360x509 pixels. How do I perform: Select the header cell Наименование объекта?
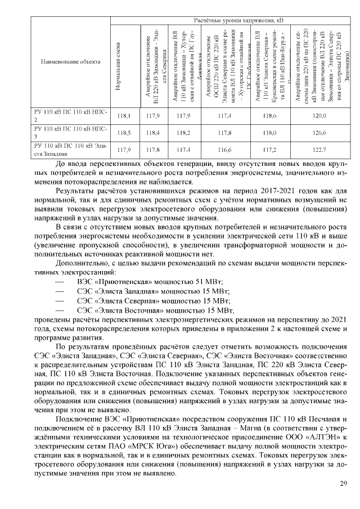(x=71, y=61)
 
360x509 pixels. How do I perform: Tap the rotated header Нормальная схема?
(x=118, y=62)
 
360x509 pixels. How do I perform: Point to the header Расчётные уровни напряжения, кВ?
(x=229, y=20)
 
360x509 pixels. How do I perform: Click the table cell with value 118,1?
(x=124, y=115)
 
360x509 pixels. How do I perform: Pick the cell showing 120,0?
(x=319, y=115)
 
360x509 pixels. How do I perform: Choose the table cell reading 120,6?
(x=319, y=133)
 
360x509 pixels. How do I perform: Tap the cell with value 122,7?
(x=319, y=151)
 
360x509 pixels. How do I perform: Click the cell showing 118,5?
(x=124, y=133)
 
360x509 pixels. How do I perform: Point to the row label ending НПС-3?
(x=71, y=133)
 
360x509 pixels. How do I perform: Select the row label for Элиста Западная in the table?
(x=71, y=150)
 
